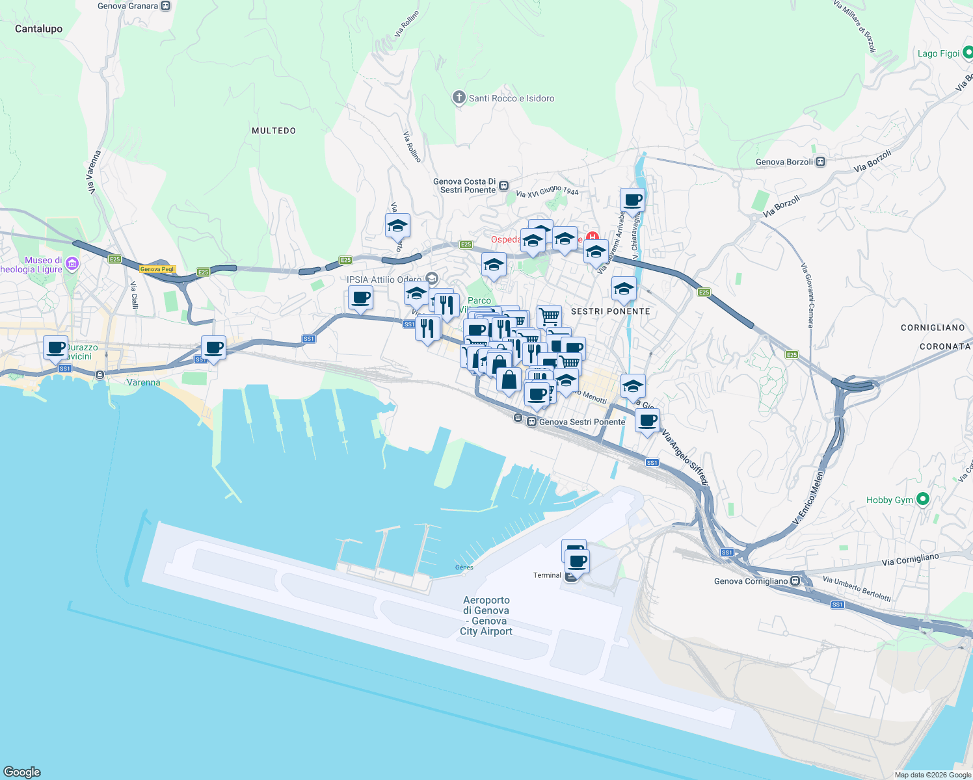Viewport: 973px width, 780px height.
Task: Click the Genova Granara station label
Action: click(127, 6)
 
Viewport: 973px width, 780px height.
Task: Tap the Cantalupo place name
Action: click(39, 29)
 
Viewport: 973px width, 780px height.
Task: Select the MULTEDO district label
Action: click(274, 131)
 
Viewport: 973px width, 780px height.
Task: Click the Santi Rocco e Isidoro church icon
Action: click(459, 97)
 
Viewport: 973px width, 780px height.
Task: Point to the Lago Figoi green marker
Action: click(966, 53)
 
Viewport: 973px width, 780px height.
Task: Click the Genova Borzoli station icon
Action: click(821, 162)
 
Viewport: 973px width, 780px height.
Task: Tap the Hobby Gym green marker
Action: click(922, 499)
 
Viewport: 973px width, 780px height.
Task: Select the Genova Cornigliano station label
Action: click(751, 581)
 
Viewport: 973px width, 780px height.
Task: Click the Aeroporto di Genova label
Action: click(486, 616)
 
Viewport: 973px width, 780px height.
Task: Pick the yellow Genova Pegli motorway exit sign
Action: click(157, 269)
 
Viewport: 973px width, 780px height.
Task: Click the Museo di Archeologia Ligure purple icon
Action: click(72, 264)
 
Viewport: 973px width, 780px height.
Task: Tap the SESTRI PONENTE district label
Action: click(610, 311)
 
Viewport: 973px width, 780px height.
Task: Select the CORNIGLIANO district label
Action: click(933, 328)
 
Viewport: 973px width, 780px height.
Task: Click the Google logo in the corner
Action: click(22, 772)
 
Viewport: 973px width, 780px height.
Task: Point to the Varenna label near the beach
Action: click(144, 382)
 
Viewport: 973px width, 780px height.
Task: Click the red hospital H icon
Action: click(592, 237)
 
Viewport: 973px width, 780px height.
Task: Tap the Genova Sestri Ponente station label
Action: click(582, 422)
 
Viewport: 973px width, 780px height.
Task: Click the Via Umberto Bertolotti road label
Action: click(857, 588)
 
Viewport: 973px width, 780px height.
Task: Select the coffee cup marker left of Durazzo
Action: click(56, 347)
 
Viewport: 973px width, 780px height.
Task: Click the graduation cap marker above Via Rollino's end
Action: click(397, 226)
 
